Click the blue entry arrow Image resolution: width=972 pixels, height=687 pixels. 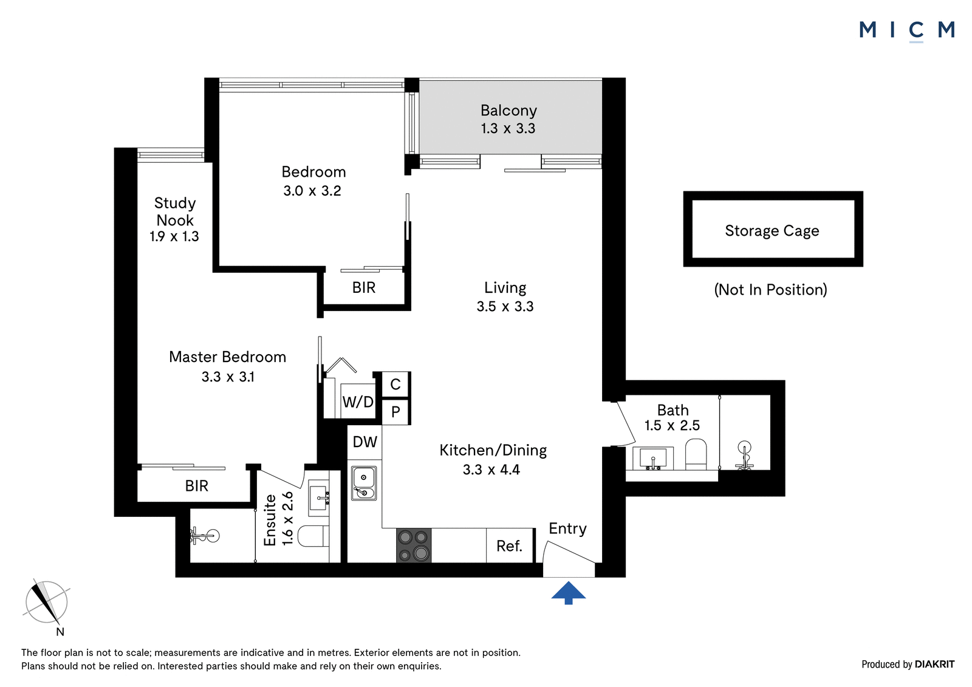coord(569,593)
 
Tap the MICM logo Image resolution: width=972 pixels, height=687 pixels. coord(907,31)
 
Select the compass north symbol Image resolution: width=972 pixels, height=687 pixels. coord(46,605)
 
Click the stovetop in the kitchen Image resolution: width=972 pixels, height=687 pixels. coord(414,545)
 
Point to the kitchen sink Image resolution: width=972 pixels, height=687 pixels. coord(364,482)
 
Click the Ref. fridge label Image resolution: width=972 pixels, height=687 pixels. coord(510,546)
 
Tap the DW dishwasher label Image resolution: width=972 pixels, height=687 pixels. coord(365,442)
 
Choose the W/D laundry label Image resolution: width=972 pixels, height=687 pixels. coord(358,402)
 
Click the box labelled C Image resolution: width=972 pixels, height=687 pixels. coord(395,385)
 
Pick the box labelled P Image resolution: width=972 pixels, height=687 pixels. coord(395,411)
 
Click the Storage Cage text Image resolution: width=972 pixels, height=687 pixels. coord(772,231)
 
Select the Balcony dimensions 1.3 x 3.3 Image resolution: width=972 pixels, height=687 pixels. coord(508,128)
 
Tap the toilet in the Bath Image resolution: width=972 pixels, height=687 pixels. coord(696,454)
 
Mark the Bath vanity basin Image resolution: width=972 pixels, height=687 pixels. coord(653,458)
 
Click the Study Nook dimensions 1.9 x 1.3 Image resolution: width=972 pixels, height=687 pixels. coord(174,236)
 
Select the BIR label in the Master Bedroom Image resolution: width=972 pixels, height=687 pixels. coord(197,485)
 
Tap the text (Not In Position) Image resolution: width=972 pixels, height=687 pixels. coord(771,290)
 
